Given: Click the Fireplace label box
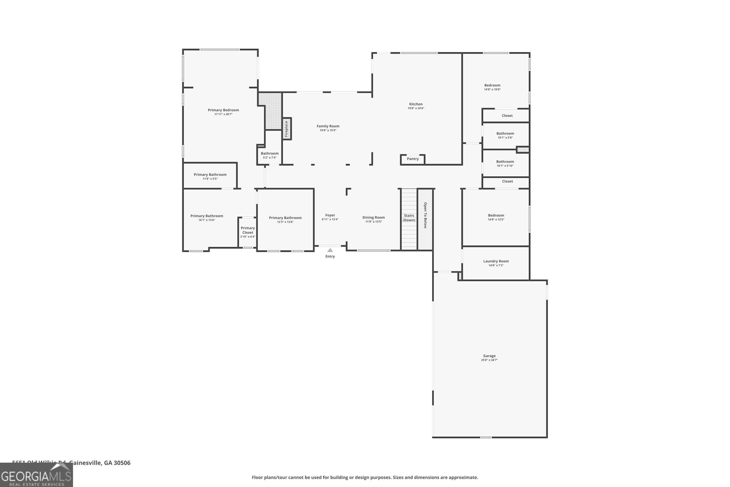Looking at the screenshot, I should (x=287, y=129).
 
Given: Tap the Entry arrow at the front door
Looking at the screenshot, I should (x=330, y=250).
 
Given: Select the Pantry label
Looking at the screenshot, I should (x=412, y=159).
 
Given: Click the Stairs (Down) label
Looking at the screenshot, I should (x=409, y=218).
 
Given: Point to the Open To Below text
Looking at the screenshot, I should (x=425, y=215).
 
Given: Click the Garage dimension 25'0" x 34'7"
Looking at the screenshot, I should (x=489, y=360).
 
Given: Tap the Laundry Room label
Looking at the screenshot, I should (x=496, y=261).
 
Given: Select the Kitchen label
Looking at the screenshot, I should (x=416, y=104).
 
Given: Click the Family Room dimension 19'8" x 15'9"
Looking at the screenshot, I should (x=328, y=131).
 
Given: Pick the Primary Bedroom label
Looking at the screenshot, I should (x=223, y=110).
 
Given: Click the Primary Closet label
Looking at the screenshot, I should (x=248, y=230).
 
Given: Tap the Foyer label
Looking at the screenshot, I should (x=330, y=215).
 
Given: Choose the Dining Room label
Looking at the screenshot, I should (x=374, y=217).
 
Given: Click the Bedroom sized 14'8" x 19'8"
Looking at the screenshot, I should (x=492, y=85).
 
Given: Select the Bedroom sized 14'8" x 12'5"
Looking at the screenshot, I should (x=496, y=215).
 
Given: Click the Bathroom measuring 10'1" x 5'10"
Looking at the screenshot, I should (x=505, y=162).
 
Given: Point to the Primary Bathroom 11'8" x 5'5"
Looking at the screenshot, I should (x=210, y=174).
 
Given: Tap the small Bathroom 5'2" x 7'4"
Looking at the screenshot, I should (x=270, y=153).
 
